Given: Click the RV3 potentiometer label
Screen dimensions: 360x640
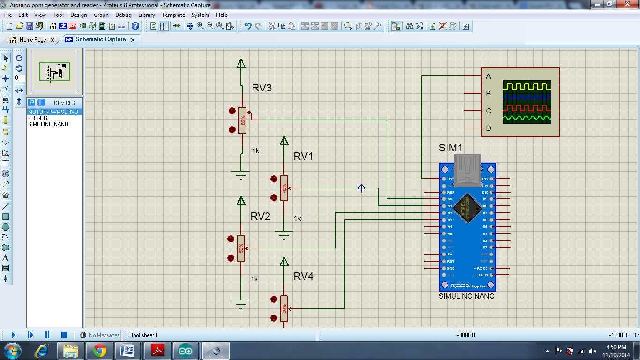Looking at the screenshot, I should coord(262,88).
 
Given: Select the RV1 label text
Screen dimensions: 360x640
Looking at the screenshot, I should coord(303,157).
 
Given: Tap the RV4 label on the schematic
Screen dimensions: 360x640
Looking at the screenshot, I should coord(303,277).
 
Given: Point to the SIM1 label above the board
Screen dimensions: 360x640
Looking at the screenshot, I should coord(451,148).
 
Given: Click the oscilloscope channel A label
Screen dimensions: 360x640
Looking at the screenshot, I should coord(489,76).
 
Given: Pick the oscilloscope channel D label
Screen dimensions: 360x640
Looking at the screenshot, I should coord(489,128).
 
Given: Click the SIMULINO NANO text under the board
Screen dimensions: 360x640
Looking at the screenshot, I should coord(466,296).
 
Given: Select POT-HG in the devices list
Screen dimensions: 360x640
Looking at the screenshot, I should coord(37,118).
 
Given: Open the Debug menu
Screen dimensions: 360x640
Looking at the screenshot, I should coord(123,15).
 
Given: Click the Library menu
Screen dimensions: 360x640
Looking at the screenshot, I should coord(147,15).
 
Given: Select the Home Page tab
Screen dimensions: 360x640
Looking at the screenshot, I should coord(33,40).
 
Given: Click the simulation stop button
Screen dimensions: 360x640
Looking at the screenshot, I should coord(65,335).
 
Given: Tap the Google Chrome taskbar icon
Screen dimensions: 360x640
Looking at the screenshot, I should coord(99,350).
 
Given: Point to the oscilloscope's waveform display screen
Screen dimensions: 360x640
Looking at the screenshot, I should coord(527,102).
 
